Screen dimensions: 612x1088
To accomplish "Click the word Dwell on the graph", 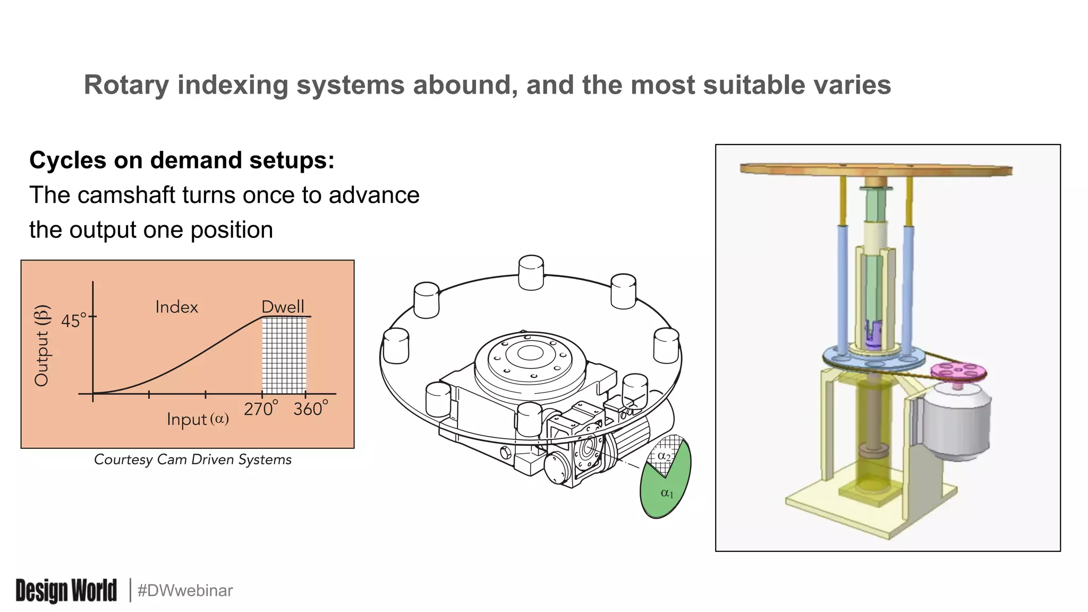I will point(283,307).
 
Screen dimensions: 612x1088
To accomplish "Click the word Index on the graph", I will point(176,307).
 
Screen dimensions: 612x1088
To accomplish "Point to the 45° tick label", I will point(73,321).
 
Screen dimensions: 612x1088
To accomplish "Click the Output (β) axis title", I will point(42,345).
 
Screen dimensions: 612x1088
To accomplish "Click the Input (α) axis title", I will point(198,419).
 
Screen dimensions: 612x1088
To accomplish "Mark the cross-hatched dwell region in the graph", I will point(284,355).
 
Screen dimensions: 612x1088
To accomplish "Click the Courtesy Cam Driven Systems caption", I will point(193,460).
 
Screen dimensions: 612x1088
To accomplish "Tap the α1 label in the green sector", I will point(667,493).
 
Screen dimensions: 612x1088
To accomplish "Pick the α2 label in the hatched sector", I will point(664,456).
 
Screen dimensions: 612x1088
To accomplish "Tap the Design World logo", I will point(66,590).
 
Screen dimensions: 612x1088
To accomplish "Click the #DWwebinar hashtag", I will point(185,591).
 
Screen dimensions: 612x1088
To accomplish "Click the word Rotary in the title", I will point(126,85).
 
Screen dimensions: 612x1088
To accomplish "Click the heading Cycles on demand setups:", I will point(182,160).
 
